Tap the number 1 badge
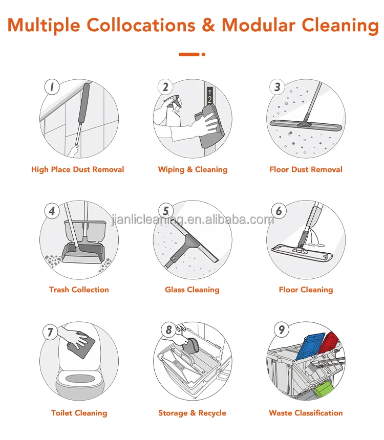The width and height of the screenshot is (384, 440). point(51,87)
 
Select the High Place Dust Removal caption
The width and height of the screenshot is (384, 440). point(78,169)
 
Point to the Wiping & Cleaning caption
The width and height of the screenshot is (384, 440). point(193,169)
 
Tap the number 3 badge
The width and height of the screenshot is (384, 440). point(278,87)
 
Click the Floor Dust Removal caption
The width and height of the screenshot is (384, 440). point(306,169)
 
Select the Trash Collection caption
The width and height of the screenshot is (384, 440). point(79,290)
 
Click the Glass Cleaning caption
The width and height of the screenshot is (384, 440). point(192,290)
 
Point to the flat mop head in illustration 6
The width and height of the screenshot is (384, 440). point(302,253)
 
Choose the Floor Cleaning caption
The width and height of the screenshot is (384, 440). point(306,290)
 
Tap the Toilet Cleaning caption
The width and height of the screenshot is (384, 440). point(79,413)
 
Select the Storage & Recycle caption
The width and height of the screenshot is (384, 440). point(192,413)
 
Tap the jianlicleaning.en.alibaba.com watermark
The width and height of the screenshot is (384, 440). point(193,220)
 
